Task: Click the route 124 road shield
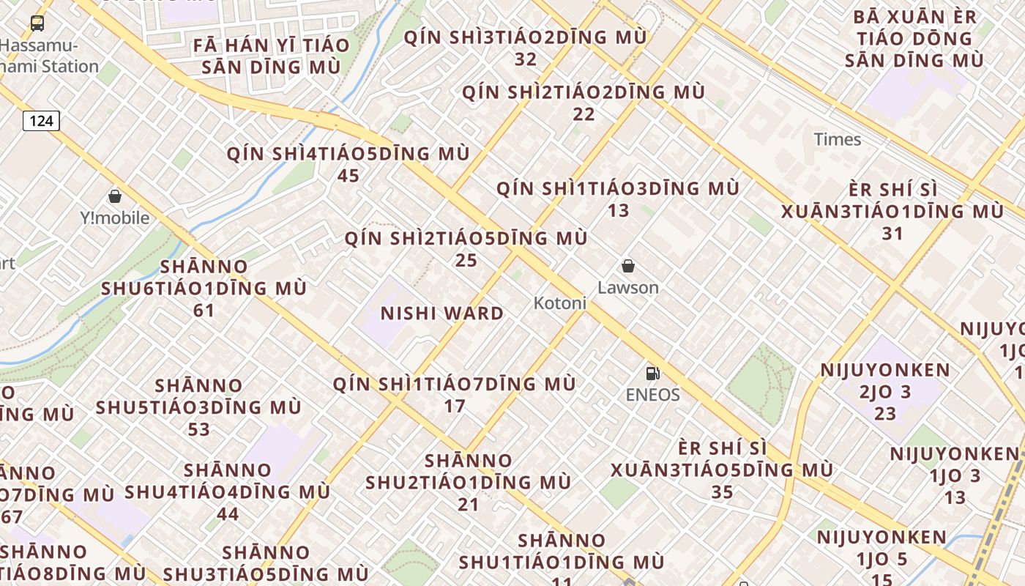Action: [41, 120]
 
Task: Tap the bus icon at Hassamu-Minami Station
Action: [37, 23]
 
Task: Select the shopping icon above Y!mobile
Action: [114, 196]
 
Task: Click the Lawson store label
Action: [628, 287]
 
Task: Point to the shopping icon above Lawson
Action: [627, 266]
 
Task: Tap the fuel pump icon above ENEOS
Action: [652, 374]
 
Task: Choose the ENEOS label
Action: [652, 395]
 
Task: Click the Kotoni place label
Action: [560, 303]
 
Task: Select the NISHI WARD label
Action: [442, 314]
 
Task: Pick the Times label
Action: [838, 139]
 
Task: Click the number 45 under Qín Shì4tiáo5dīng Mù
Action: [348, 176]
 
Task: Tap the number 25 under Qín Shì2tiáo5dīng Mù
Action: [466, 260]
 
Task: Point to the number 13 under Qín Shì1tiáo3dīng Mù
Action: [619, 210]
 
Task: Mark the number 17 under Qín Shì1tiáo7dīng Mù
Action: [455, 405]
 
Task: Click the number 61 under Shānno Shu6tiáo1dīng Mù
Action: [204, 311]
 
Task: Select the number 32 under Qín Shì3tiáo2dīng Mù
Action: [526, 59]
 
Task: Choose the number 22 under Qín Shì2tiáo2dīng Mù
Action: [584, 114]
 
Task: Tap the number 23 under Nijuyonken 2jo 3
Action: [885, 414]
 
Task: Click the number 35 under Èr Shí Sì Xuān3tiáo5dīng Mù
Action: [722, 492]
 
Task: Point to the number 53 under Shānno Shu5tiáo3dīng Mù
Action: [198, 429]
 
